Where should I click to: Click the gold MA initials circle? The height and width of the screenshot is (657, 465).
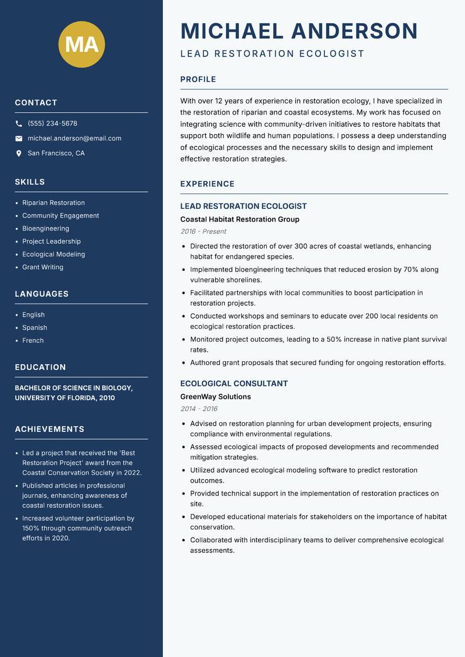point(81,44)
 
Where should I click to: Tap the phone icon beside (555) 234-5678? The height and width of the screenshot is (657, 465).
point(19,124)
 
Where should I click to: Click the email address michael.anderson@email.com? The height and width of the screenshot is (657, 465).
point(74,138)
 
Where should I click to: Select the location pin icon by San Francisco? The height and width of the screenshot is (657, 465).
point(19,153)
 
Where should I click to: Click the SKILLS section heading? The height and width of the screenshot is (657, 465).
point(30,182)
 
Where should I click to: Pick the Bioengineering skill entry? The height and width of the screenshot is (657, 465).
point(45,228)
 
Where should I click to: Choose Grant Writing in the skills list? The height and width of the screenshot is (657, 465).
point(42,267)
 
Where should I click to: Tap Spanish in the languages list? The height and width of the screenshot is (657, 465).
point(34,327)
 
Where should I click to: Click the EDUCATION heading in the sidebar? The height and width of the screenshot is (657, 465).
point(40,367)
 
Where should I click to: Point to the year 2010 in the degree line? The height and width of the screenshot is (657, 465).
point(106,398)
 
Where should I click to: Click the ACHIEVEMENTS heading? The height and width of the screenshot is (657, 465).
point(49,429)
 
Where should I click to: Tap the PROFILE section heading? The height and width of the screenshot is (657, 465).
point(198,80)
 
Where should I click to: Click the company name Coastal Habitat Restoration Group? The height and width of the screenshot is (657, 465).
point(239,219)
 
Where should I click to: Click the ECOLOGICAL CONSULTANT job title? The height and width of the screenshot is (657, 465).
point(234,384)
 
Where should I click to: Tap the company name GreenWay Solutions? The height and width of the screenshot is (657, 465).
point(215,397)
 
